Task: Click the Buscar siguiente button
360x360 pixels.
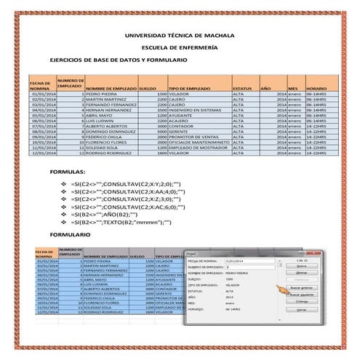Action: [301, 295]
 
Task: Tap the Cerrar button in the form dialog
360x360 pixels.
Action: [301, 310]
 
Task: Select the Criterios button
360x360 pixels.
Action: [301, 302]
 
